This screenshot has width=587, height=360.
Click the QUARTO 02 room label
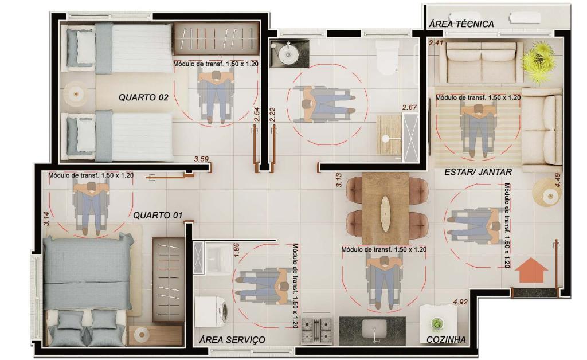[143, 97]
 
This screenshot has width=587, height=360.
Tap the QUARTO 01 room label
[158, 215]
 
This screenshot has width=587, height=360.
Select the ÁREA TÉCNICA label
[461, 24]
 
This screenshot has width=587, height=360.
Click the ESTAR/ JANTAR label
[478, 172]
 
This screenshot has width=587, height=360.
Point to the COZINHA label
[446, 340]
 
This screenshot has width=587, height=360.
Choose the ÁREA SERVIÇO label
[232, 340]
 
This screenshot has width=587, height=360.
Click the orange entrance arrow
[531, 270]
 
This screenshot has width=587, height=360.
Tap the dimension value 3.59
[201, 159]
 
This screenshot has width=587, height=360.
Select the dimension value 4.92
[460, 302]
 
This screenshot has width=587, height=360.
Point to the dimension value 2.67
[409, 107]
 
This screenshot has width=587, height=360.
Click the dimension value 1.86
[236, 250]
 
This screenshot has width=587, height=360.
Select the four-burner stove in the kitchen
[316, 330]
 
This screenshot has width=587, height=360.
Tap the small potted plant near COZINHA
[436, 324]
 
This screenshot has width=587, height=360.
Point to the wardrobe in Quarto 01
[168, 280]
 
